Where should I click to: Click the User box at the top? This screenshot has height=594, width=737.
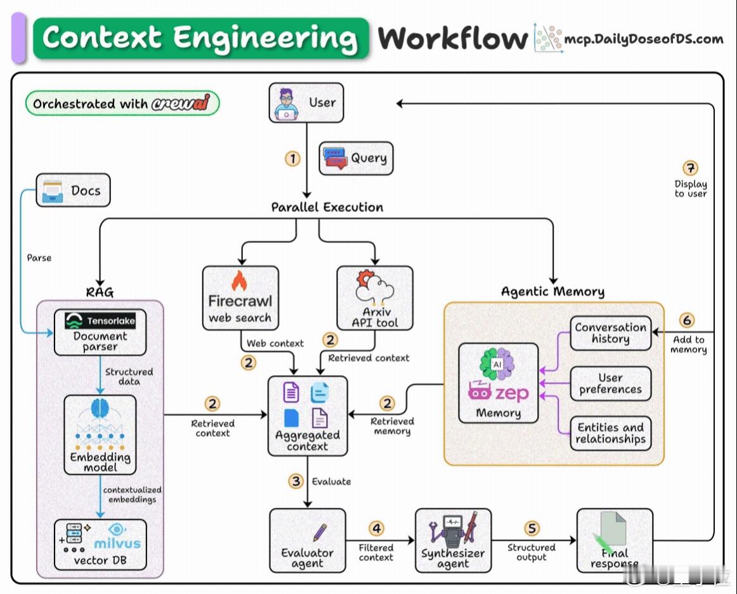306,103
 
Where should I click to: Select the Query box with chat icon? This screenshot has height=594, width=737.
356,159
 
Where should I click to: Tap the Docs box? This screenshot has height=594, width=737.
73,190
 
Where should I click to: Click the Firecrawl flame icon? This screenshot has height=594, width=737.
239,280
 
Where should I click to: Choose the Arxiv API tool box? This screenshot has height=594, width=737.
375,298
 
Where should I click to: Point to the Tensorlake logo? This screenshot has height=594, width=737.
100,321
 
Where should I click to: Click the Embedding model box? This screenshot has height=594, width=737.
100,435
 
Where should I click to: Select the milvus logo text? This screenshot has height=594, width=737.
117,543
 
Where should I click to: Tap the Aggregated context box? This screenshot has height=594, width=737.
308,416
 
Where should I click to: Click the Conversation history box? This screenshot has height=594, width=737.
610,333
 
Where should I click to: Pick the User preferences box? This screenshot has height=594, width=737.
610,383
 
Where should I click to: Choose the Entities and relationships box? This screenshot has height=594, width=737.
610,433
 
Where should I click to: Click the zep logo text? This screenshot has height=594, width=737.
512,393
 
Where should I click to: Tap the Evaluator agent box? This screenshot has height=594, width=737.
308,540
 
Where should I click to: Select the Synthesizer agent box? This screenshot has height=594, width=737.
453,540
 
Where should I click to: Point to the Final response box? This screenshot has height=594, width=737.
614,540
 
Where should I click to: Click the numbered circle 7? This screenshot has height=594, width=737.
690,168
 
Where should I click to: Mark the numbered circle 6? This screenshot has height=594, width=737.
687,320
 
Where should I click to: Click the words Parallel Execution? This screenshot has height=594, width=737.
327,208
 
